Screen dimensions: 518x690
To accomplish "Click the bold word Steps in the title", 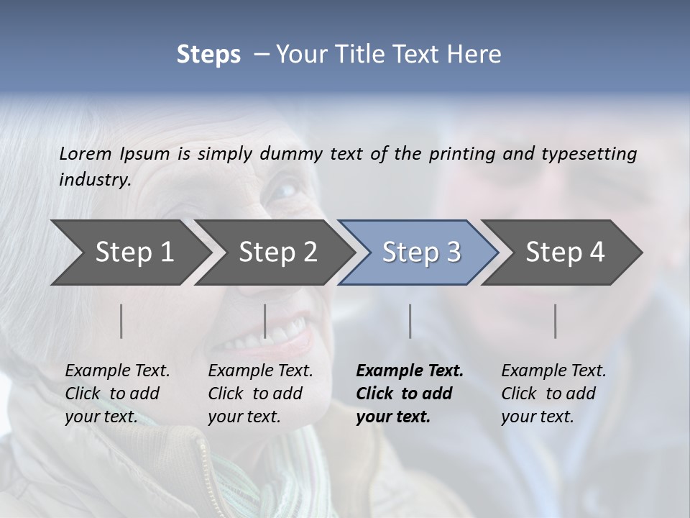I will (208, 55).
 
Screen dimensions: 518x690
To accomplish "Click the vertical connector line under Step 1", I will (121, 321).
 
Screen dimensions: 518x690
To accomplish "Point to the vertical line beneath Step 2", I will (265, 321).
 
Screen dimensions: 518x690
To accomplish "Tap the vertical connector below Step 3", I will (410, 321).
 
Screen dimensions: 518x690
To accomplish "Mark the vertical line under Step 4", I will (556, 321).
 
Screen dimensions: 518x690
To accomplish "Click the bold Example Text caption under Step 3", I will (409, 394).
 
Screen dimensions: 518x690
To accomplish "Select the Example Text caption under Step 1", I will (117, 394).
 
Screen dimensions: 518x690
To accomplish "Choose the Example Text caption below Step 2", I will (260, 394).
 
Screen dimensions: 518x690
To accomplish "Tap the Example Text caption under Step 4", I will (553, 394).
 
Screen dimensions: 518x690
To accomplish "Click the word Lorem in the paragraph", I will (86, 154).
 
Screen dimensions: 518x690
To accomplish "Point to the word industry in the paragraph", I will (94, 180).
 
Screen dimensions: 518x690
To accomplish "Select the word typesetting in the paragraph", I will (589, 154).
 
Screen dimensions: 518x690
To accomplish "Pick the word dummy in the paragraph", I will (291, 154).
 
